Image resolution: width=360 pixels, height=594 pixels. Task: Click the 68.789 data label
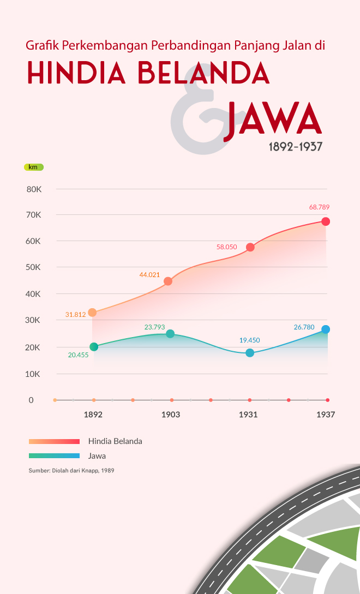click(x=319, y=207)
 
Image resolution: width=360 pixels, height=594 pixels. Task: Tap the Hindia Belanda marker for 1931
click(x=250, y=247)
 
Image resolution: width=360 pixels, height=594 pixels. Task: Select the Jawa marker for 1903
click(x=170, y=334)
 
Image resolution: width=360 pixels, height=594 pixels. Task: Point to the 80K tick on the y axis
click(x=34, y=189)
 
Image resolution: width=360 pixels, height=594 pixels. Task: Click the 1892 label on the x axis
click(x=93, y=415)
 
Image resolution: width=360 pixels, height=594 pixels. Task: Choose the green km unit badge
click(x=33, y=167)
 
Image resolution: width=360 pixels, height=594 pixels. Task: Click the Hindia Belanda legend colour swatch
click(x=54, y=441)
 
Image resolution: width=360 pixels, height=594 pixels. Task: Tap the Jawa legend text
click(x=97, y=456)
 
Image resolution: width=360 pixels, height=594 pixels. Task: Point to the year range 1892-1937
click(x=295, y=147)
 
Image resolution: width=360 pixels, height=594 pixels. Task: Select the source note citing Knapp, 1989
click(x=71, y=470)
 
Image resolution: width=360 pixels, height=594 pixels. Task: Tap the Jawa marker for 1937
click(x=326, y=329)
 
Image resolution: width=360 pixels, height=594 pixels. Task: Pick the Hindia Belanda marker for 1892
click(x=92, y=313)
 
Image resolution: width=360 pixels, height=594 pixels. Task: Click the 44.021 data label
click(x=149, y=275)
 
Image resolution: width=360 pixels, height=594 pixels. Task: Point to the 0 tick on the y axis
click(x=31, y=400)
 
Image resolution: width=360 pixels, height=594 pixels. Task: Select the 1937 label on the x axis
click(x=326, y=415)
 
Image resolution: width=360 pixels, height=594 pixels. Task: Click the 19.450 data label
click(x=250, y=340)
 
